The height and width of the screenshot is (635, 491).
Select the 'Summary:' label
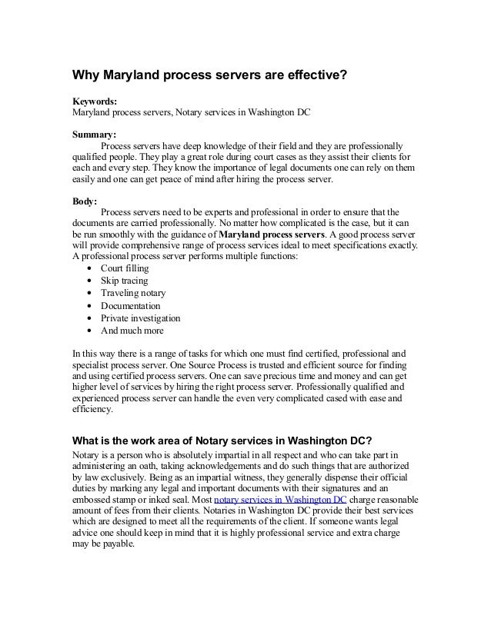coord(94,133)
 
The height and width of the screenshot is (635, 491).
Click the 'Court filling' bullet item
coord(125,268)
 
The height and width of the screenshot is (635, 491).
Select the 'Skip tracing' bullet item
coord(125,281)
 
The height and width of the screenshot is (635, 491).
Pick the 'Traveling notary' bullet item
coord(133,293)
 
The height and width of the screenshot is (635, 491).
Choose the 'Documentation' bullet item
coord(130,306)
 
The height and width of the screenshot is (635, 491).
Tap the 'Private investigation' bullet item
coord(140,318)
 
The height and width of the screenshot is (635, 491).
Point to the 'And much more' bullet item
coord(132,331)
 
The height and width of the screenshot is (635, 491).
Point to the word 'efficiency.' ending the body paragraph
coord(92,410)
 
